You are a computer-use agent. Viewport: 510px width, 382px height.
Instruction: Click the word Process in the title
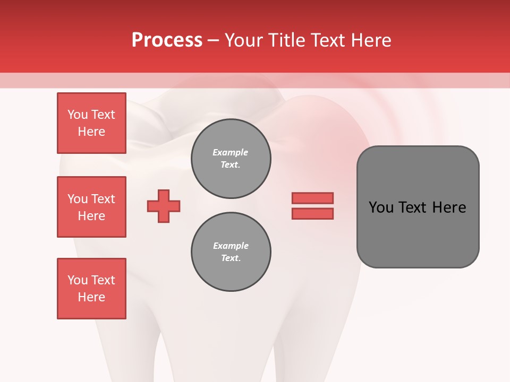(167, 40)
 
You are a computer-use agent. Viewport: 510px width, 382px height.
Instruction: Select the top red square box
(91, 123)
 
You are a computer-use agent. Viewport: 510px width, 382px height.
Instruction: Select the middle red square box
(91, 207)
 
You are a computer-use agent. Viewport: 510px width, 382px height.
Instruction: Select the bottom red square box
(91, 289)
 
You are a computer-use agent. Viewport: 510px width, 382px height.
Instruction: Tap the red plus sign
(164, 206)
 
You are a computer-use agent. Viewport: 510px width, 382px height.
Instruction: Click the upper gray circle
(231, 158)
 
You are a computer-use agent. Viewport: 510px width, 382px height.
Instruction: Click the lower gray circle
(231, 252)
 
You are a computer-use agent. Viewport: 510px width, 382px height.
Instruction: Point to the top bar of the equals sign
(312, 198)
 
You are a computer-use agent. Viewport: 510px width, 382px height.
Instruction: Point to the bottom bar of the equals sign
(312, 213)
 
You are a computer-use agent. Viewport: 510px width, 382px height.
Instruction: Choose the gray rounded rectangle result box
(418, 207)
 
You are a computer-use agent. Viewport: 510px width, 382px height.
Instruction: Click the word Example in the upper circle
(231, 152)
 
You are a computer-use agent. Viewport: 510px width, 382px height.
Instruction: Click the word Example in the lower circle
(231, 246)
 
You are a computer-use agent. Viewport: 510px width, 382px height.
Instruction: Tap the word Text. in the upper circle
(231, 164)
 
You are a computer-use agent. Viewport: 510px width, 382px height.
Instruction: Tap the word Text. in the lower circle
(231, 258)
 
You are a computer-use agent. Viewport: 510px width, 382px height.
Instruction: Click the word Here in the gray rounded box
(449, 207)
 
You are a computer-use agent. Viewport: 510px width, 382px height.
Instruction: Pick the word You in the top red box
(77, 115)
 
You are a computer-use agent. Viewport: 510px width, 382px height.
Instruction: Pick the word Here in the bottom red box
(91, 297)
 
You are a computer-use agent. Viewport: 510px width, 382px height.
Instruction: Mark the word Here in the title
(369, 40)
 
